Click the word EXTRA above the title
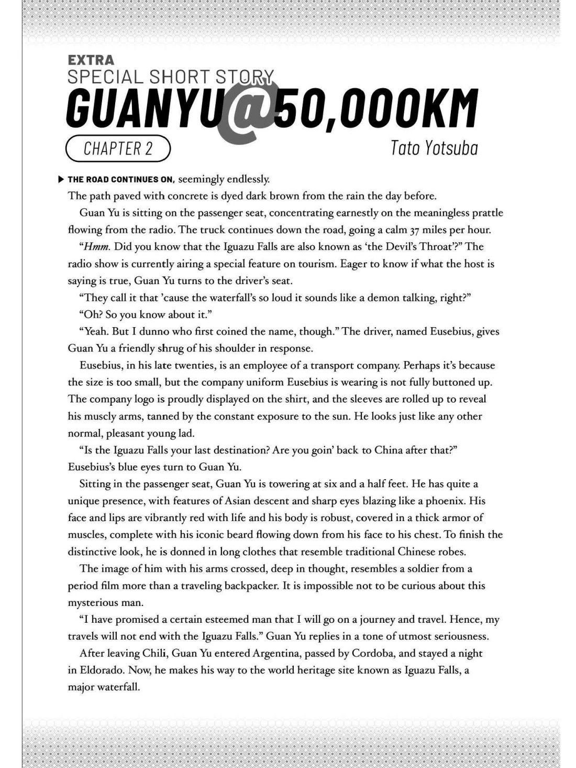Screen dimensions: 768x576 (x=91, y=61)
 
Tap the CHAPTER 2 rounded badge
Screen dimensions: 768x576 (x=118, y=149)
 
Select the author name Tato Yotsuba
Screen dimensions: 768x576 (x=434, y=148)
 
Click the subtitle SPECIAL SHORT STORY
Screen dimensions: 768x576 (x=171, y=77)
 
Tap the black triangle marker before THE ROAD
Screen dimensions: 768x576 (x=61, y=179)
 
